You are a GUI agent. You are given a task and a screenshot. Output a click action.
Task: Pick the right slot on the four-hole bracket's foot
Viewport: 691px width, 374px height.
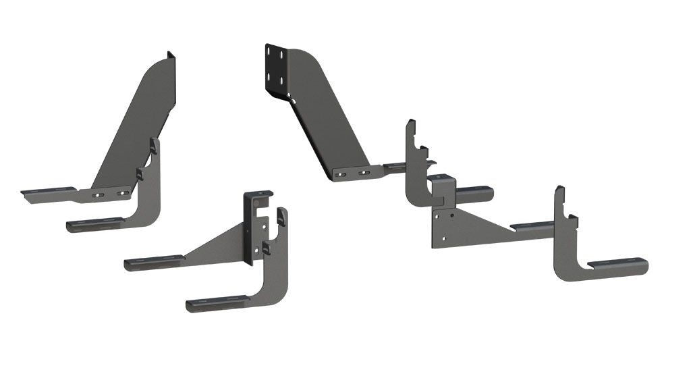(364, 171)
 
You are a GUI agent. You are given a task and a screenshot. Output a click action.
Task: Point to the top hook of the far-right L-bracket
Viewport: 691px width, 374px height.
(560, 196)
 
